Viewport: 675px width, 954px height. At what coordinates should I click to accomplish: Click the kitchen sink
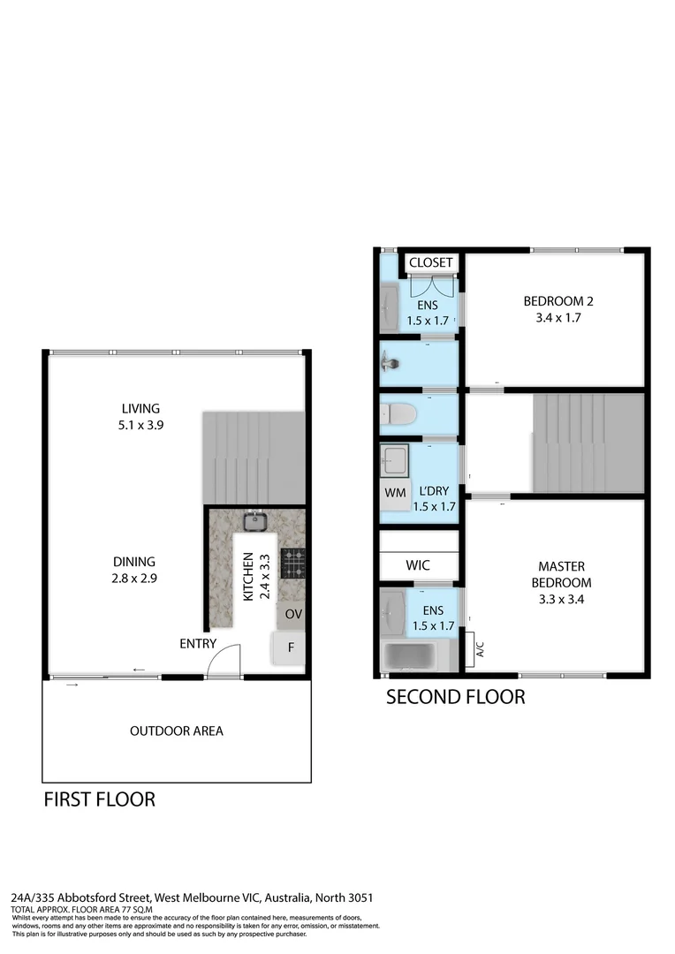pyautogui.click(x=256, y=521)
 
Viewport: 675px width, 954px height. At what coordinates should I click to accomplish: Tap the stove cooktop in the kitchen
pyautogui.click(x=292, y=562)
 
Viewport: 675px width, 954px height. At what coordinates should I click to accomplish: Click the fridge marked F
pyautogui.click(x=290, y=647)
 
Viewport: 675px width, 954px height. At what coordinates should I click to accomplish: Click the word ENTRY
pyautogui.click(x=197, y=643)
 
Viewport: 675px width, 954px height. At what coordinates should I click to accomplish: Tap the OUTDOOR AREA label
pyautogui.click(x=177, y=731)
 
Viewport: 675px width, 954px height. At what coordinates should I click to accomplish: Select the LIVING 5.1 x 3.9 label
pyautogui.click(x=141, y=416)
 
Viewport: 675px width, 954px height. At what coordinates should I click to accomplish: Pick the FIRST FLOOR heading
pyautogui.click(x=100, y=799)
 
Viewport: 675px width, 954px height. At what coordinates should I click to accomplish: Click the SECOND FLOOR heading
pyautogui.click(x=456, y=697)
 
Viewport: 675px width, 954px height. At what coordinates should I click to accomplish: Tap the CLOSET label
pyautogui.click(x=431, y=262)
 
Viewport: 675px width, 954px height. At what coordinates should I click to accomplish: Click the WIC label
pyautogui.click(x=418, y=564)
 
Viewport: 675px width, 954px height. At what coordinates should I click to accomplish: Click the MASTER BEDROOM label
pyautogui.click(x=562, y=582)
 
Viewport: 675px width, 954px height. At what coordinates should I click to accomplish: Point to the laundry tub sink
pyautogui.click(x=394, y=459)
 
